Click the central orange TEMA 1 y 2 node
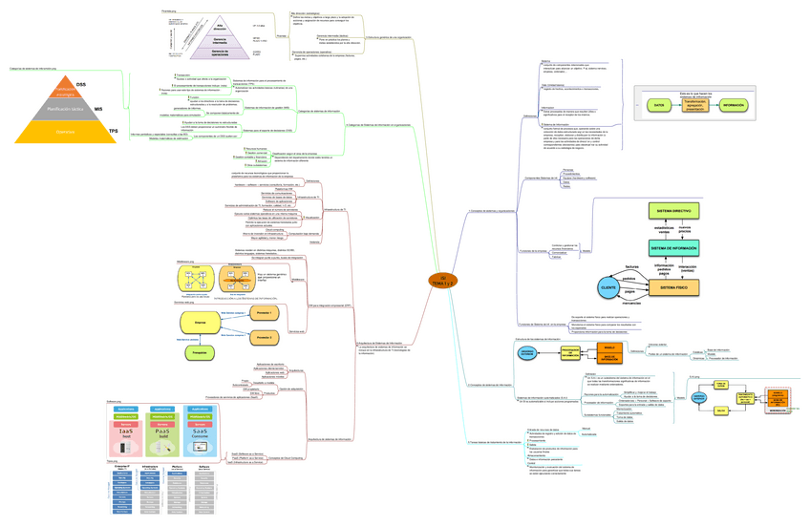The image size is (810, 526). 442,280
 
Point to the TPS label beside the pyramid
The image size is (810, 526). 114,131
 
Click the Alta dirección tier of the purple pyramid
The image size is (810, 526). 220,27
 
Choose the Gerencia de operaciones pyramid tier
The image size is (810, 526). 220,53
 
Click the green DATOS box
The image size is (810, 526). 659,105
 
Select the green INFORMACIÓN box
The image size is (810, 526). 734,105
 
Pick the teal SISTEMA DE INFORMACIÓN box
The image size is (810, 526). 674,247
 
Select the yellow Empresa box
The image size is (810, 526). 201,324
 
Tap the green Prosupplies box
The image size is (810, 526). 198,353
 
